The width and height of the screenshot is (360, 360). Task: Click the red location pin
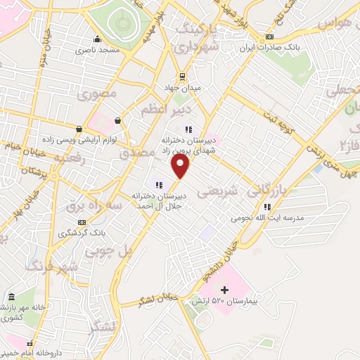coord(181,166)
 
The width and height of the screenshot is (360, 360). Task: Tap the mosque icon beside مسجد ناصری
coord(98,39)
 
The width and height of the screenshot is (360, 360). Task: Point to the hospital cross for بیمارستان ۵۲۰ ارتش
coord(224,290)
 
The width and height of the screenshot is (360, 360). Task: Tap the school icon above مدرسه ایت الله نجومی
coord(267,207)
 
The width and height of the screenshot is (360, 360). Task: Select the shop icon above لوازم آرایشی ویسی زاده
coord(78,129)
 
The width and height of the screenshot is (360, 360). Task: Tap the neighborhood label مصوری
coord(97,94)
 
